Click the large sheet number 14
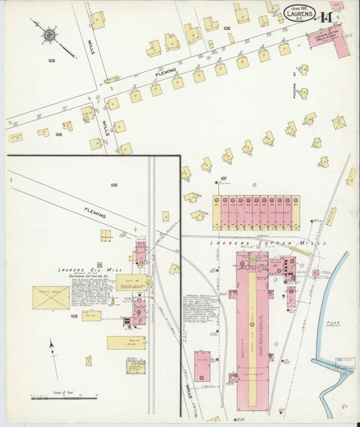(327, 18)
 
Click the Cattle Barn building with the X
(51, 297)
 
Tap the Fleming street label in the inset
(95, 213)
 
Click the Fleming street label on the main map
(166, 70)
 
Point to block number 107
(223, 178)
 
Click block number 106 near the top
(227, 28)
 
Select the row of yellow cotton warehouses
(254, 212)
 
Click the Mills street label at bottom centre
(188, 393)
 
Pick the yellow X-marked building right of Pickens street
(339, 123)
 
